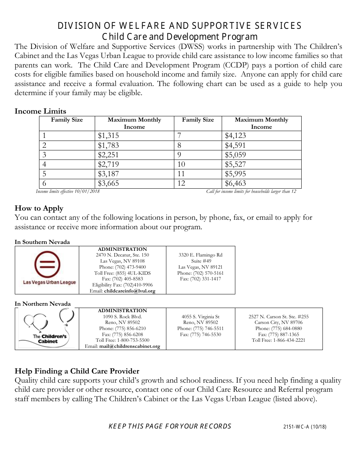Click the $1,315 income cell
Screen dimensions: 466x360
(x=108, y=136)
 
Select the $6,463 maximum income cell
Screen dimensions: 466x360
(x=235, y=183)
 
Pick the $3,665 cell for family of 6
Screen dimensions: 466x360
(x=108, y=183)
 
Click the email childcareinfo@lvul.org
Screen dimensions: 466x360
(x=130, y=291)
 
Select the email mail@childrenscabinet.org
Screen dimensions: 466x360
(x=130, y=346)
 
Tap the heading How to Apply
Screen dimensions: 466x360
(x=39, y=208)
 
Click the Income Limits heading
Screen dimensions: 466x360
(x=40, y=111)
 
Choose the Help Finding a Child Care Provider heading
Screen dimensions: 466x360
(x=77, y=371)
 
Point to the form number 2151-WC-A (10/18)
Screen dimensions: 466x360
(x=304, y=427)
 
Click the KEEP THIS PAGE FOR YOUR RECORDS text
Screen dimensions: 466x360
(x=170, y=426)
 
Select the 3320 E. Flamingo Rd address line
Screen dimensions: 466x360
(x=200, y=255)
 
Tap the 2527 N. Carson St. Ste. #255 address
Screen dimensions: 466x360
(x=279, y=317)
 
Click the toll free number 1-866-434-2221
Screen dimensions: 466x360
(x=279, y=340)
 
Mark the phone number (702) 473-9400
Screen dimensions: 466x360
(x=122, y=267)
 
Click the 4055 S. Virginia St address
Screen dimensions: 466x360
(x=200, y=317)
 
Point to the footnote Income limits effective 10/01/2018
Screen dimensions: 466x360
(x=68, y=191)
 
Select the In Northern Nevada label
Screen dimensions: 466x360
(x=43, y=304)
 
